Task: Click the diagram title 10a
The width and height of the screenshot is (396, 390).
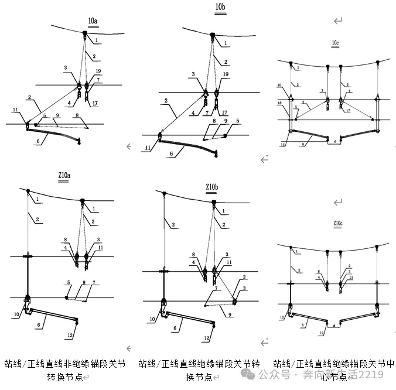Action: point(93,22)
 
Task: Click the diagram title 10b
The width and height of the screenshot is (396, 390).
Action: point(220,8)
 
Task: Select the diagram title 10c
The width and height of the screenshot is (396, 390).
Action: point(336,43)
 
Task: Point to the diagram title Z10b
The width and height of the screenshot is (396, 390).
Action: point(213,187)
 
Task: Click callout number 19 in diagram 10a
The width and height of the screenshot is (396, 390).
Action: point(98,71)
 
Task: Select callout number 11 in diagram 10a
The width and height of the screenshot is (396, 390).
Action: point(15,110)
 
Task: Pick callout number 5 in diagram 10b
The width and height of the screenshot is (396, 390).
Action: point(237,121)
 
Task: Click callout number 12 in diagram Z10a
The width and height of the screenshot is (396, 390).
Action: point(70,335)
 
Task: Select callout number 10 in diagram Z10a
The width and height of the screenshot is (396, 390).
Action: point(16,314)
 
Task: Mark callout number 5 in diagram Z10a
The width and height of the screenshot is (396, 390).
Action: point(68,282)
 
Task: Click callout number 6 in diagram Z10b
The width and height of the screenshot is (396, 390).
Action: point(175,329)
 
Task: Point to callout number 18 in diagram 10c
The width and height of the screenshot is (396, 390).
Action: point(281,102)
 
